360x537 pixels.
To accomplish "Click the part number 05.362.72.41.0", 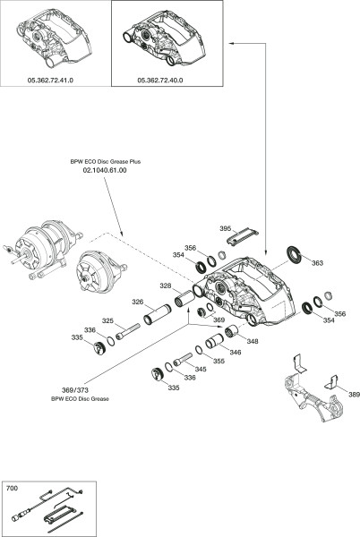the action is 50,81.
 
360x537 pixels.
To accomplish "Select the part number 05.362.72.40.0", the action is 160,81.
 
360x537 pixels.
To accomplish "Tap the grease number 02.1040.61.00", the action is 105,170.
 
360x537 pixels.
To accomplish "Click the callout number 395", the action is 226,229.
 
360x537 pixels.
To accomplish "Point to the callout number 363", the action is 318,263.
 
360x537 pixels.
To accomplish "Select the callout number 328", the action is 166,286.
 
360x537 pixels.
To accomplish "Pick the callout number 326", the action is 138,302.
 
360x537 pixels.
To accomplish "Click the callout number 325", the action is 107,321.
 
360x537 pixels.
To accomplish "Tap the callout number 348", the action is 253,342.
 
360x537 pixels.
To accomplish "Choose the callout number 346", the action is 236,353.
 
